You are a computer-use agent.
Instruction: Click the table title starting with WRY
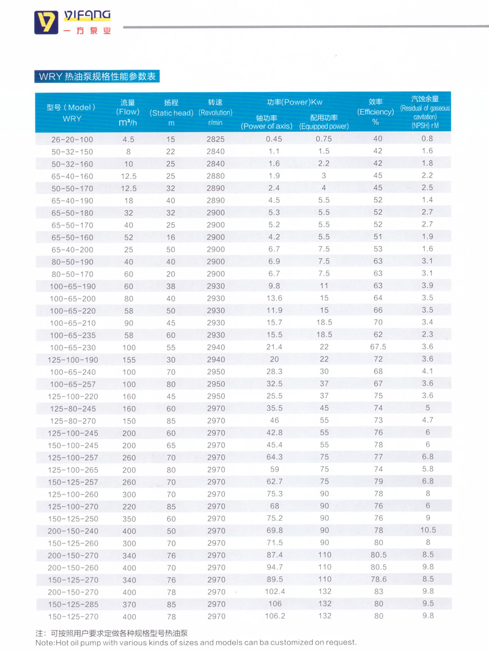pyautogui.click(x=96, y=77)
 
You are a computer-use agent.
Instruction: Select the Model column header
pyautogui.click(x=72, y=112)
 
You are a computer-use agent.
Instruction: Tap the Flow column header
pyautogui.click(x=128, y=112)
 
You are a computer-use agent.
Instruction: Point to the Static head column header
pyautogui.click(x=171, y=112)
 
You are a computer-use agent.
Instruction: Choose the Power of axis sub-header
pyautogui.click(x=266, y=122)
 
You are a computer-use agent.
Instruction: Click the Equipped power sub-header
pyautogui.click(x=323, y=122)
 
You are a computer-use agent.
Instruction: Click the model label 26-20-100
pyautogui.click(x=72, y=139)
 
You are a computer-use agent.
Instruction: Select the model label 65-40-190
pyautogui.click(x=72, y=200)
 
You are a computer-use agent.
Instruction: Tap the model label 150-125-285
pyautogui.click(x=72, y=604)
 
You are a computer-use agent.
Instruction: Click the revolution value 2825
pyautogui.click(x=216, y=139)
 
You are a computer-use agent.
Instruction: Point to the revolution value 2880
pyautogui.click(x=216, y=176)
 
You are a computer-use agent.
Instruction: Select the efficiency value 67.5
pyautogui.click(x=378, y=347)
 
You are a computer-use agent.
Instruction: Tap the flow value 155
pyautogui.click(x=128, y=360)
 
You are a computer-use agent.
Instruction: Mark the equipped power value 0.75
pyautogui.click(x=323, y=139)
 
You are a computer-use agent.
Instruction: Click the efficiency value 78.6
pyautogui.click(x=378, y=579)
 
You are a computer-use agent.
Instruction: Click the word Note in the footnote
pyautogui.click(x=45, y=643)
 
